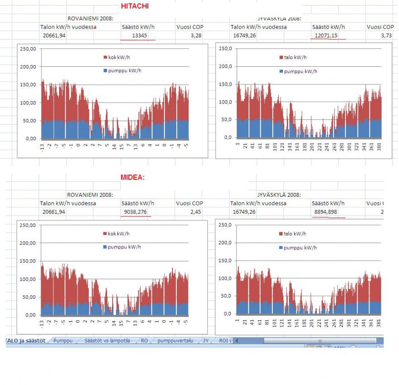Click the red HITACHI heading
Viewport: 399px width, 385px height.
pyautogui.click(x=135, y=6)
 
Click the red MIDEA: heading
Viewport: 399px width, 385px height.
pyautogui.click(x=132, y=178)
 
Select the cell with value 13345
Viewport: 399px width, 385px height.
pyautogui.click(x=140, y=36)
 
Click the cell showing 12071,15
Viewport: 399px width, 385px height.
pyautogui.click(x=327, y=36)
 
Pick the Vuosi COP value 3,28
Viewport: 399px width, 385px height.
pyautogui.click(x=196, y=36)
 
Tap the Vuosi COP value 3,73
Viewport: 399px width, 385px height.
pyautogui.click(x=386, y=36)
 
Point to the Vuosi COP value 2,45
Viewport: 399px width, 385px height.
pyautogui.click(x=196, y=212)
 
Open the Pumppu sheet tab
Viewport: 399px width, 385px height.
pyautogui.click(x=63, y=341)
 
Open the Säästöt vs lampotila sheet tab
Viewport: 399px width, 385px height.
pyautogui.click(x=107, y=341)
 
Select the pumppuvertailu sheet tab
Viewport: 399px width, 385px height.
pyautogui.click(x=175, y=341)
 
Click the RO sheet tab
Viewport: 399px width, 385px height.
pyautogui.click(x=144, y=341)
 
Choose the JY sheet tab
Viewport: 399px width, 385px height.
pyautogui.click(x=206, y=341)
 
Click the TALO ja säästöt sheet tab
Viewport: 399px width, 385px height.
pyautogui.click(x=26, y=341)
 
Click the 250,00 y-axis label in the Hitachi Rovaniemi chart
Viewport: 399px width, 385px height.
pyautogui.click(x=28, y=49)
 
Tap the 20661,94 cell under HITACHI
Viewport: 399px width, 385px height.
pyautogui.click(x=54, y=36)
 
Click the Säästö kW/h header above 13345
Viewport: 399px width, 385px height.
pyautogui.click(x=138, y=27)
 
